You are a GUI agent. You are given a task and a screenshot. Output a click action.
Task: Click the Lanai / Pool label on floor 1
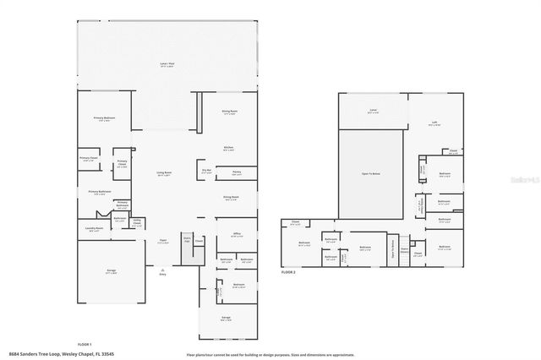click(x=167, y=64)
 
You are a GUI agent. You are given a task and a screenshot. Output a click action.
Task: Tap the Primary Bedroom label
click(x=105, y=118)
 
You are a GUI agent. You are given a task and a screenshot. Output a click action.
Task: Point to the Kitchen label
click(x=228, y=147)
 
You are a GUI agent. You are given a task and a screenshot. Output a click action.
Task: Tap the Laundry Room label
click(x=94, y=228)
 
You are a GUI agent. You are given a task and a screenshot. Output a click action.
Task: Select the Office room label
click(x=225, y=236)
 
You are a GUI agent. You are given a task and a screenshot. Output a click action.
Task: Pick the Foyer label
click(x=161, y=240)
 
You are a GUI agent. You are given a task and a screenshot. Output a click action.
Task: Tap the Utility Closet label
click(x=136, y=224)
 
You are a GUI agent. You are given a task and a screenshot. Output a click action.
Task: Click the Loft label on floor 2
click(x=434, y=122)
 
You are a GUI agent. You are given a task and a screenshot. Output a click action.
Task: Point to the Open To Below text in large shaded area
click(x=372, y=172)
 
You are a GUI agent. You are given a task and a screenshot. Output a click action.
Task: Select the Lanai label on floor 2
click(x=372, y=110)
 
